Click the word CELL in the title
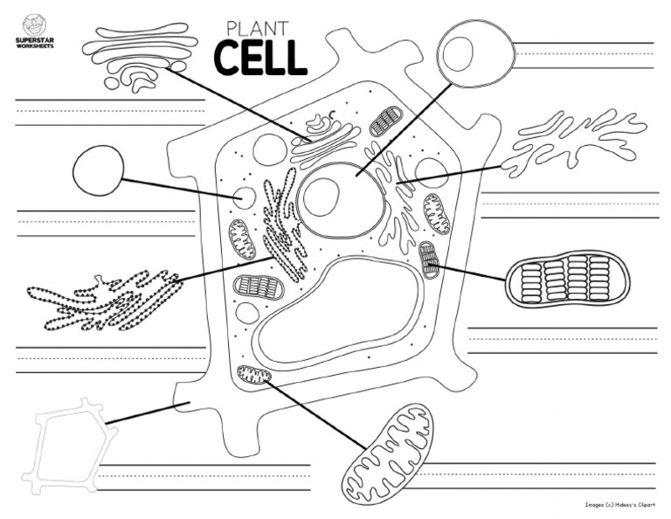pos(260,57)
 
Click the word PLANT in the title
pos(258,28)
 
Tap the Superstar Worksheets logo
pos(33,31)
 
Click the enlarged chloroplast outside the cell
pos(569,278)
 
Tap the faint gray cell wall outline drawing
pos(66,444)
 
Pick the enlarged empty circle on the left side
pos(99,170)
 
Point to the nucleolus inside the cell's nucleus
pos(321,196)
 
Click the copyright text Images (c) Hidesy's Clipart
pos(619,504)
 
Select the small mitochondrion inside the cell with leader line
pos(254,376)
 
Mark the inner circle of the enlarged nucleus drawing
pos(457,53)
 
